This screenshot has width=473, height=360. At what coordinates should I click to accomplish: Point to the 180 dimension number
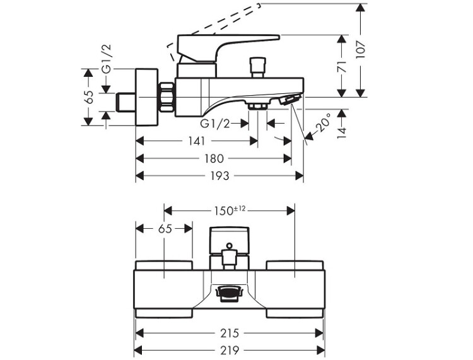(x=213, y=158)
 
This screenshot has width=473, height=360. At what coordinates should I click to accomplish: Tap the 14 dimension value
(x=341, y=133)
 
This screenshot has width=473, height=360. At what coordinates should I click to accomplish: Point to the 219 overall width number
(x=230, y=350)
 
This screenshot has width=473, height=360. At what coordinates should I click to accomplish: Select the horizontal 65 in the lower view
(x=165, y=228)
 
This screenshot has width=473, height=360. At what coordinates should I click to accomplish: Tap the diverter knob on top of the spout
(x=257, y=67)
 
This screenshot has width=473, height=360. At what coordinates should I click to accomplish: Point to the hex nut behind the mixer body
(x=166, y=98)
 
